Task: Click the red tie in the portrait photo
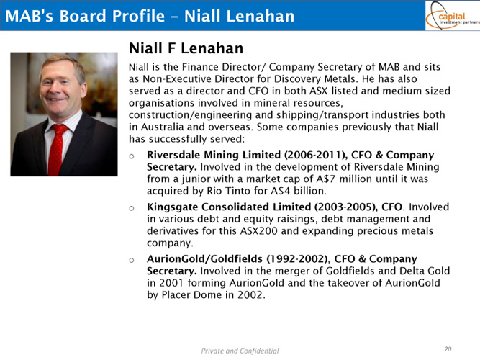(x=57, y=150)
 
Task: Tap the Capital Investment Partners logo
(x=453, y=15)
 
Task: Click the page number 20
(x=448, y=349)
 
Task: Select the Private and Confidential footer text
(x=240, y=351)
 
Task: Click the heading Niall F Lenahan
(x=186, y=48)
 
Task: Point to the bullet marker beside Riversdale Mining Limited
(x=132, y=156)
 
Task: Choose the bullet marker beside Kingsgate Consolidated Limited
(x=132, y=208)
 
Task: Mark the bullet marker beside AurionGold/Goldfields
(x=132, y=261)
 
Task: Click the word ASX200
(x=258, y=230)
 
